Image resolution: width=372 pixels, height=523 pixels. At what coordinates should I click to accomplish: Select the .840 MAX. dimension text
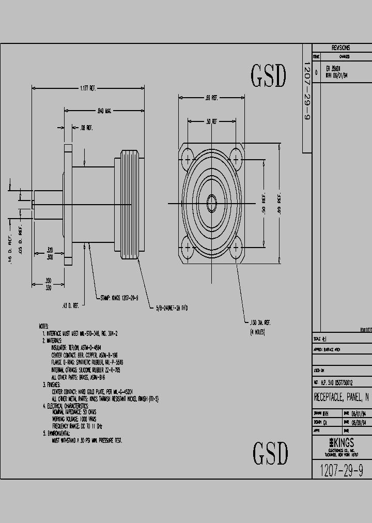105,110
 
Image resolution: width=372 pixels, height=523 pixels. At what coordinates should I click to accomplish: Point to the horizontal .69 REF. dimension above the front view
211,97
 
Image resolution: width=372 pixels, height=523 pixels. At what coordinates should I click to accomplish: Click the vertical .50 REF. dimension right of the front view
263,203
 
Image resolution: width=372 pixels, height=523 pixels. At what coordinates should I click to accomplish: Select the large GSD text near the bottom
270,453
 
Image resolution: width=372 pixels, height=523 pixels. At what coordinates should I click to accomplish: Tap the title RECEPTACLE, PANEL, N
341,397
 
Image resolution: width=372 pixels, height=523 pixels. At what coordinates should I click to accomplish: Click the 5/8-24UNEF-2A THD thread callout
172,308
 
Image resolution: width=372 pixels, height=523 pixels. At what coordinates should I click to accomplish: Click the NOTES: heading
44,327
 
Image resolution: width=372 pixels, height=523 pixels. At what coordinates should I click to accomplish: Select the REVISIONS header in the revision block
340,47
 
